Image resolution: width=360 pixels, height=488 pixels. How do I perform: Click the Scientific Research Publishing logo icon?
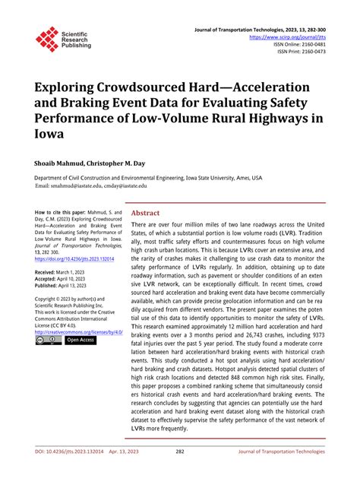click(x=47, y=39)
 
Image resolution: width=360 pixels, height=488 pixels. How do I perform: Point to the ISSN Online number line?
click(x=304, y=44)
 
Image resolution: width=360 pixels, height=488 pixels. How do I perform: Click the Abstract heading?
click(x=147, y=214)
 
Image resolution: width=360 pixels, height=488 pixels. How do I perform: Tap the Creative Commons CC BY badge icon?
click(x=48, y=341)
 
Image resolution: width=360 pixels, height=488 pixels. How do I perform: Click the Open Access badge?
click(x=81, y=341)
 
